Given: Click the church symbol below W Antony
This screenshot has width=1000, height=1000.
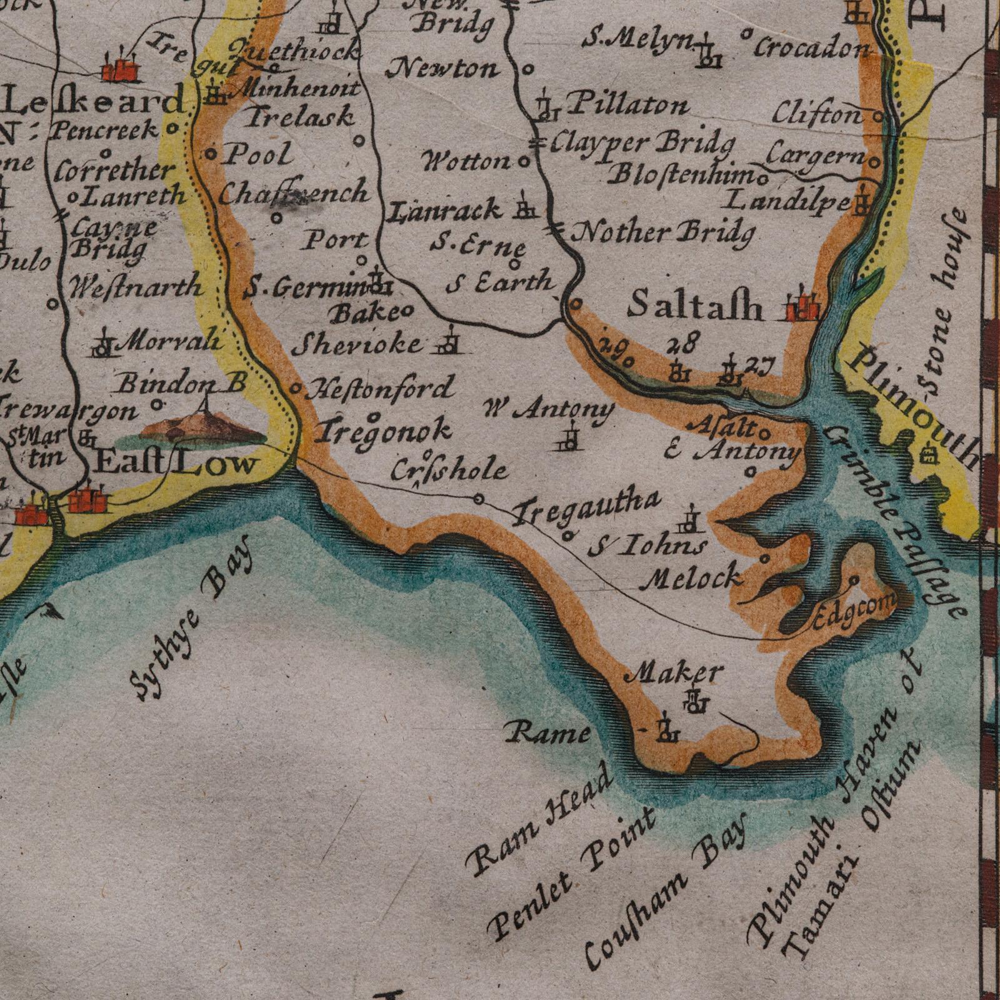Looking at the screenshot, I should [570, 439].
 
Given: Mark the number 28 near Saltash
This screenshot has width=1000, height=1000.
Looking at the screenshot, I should [680, 344].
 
